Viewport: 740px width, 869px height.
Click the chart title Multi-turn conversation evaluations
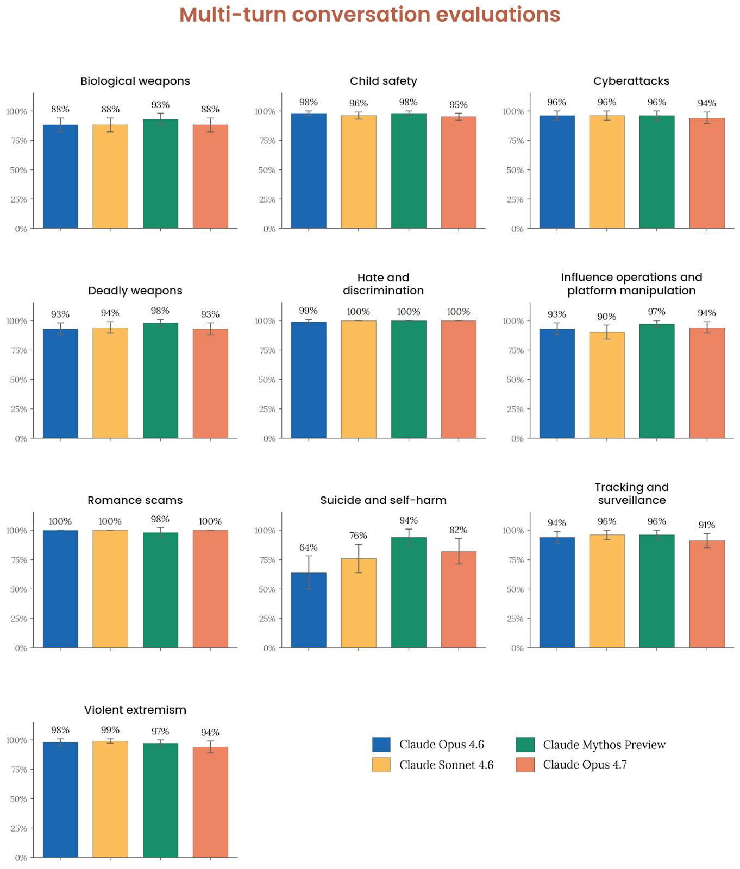pyautogui.click(x=369, y=15)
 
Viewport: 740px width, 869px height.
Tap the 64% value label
pyautogui.click(x=309, y=547)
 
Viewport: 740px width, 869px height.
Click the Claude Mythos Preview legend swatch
pyautogui.click(x=525, y=745)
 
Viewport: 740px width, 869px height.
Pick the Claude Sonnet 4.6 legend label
pyautogui.click(x=446, y=765)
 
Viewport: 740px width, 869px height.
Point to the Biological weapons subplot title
pyautogui.click(x=135, y=81)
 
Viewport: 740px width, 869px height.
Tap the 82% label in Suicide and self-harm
pyautogui.click(x=459, y=530)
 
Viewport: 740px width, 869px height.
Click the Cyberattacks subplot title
pyautogui.click(x=631, y=81)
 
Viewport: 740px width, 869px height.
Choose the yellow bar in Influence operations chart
pyautogui.click(x=607, y=385)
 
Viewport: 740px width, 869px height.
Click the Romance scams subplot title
pyautogui.click(x=135, y=500)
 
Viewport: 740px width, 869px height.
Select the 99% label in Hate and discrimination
pyautogui.click(x=309, y=311)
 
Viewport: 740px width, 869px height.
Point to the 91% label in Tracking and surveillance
pyautogui.click(x=707, y=525)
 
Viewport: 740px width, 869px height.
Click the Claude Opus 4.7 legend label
pyautogui.click(x=585, y=765)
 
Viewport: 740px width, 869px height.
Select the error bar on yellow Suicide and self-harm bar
pyautogui.click(x=359, y=558)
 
